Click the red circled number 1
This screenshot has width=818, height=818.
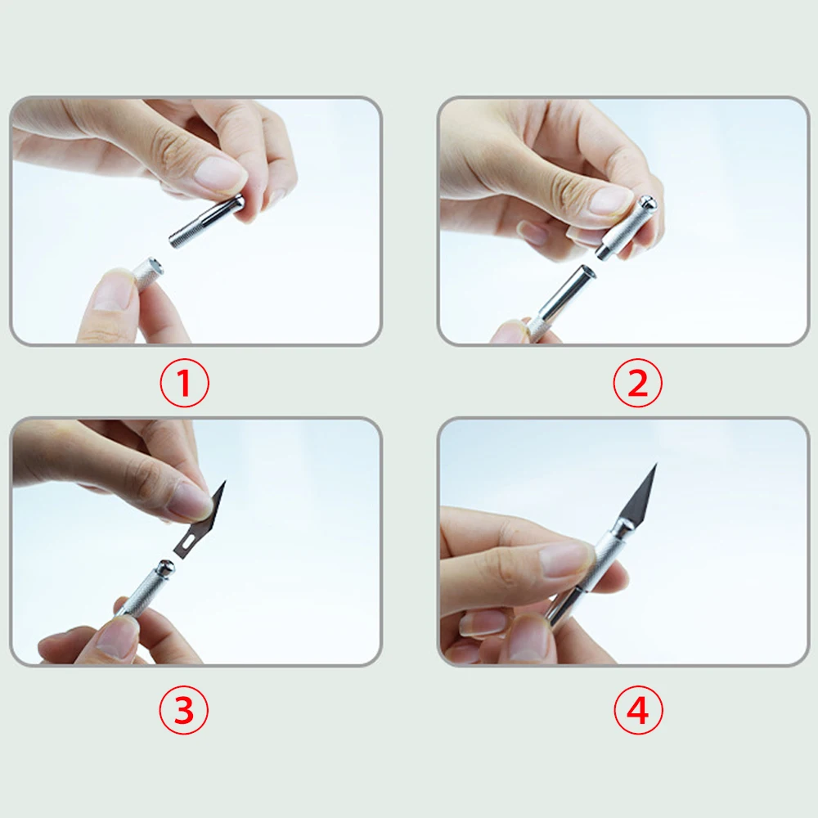pos(184,383)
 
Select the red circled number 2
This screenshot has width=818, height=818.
pos(637,383)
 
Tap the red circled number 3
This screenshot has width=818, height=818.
pos(183,710)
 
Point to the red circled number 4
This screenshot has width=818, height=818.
pos(638,710)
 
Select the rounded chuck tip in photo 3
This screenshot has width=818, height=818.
pos(165,567)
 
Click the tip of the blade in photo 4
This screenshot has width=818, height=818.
pos(656,464)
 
